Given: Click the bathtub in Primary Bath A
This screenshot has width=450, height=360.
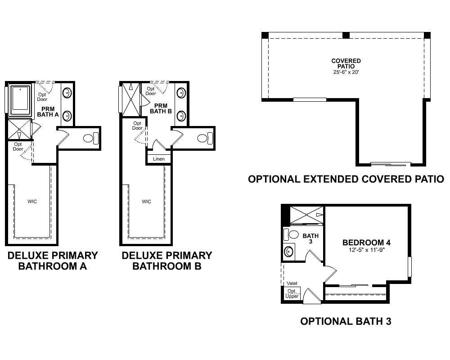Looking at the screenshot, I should point(19,99).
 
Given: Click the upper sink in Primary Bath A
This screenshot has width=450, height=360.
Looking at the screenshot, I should point(67,94).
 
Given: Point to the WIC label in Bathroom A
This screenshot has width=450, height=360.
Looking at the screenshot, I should point(31,201).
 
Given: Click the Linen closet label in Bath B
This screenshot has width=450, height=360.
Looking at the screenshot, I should point(159,159).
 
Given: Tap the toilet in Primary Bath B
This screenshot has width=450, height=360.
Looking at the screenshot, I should point(205,138).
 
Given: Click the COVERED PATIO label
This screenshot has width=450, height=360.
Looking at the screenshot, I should point(346,63).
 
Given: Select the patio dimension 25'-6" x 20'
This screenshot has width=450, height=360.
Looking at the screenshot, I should point(346,72).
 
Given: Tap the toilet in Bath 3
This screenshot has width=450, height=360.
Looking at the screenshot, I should point(292,234).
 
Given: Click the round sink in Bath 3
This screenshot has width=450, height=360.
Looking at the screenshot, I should point(288,251).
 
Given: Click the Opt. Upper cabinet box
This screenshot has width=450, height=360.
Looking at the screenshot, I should point(292,293).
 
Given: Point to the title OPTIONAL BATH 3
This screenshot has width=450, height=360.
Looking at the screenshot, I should point(346,321).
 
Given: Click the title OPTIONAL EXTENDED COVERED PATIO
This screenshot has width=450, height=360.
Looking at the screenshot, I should point(346,179).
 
